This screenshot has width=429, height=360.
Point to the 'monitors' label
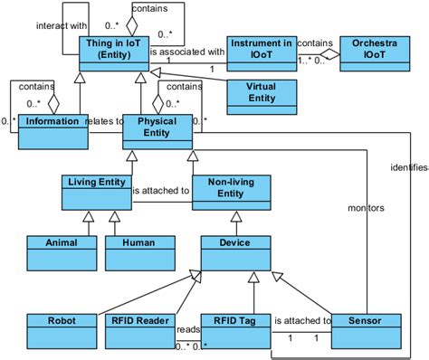(367, 207)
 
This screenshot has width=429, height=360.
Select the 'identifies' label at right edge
(408, 167)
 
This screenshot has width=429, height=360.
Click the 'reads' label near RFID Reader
(188, 329)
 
